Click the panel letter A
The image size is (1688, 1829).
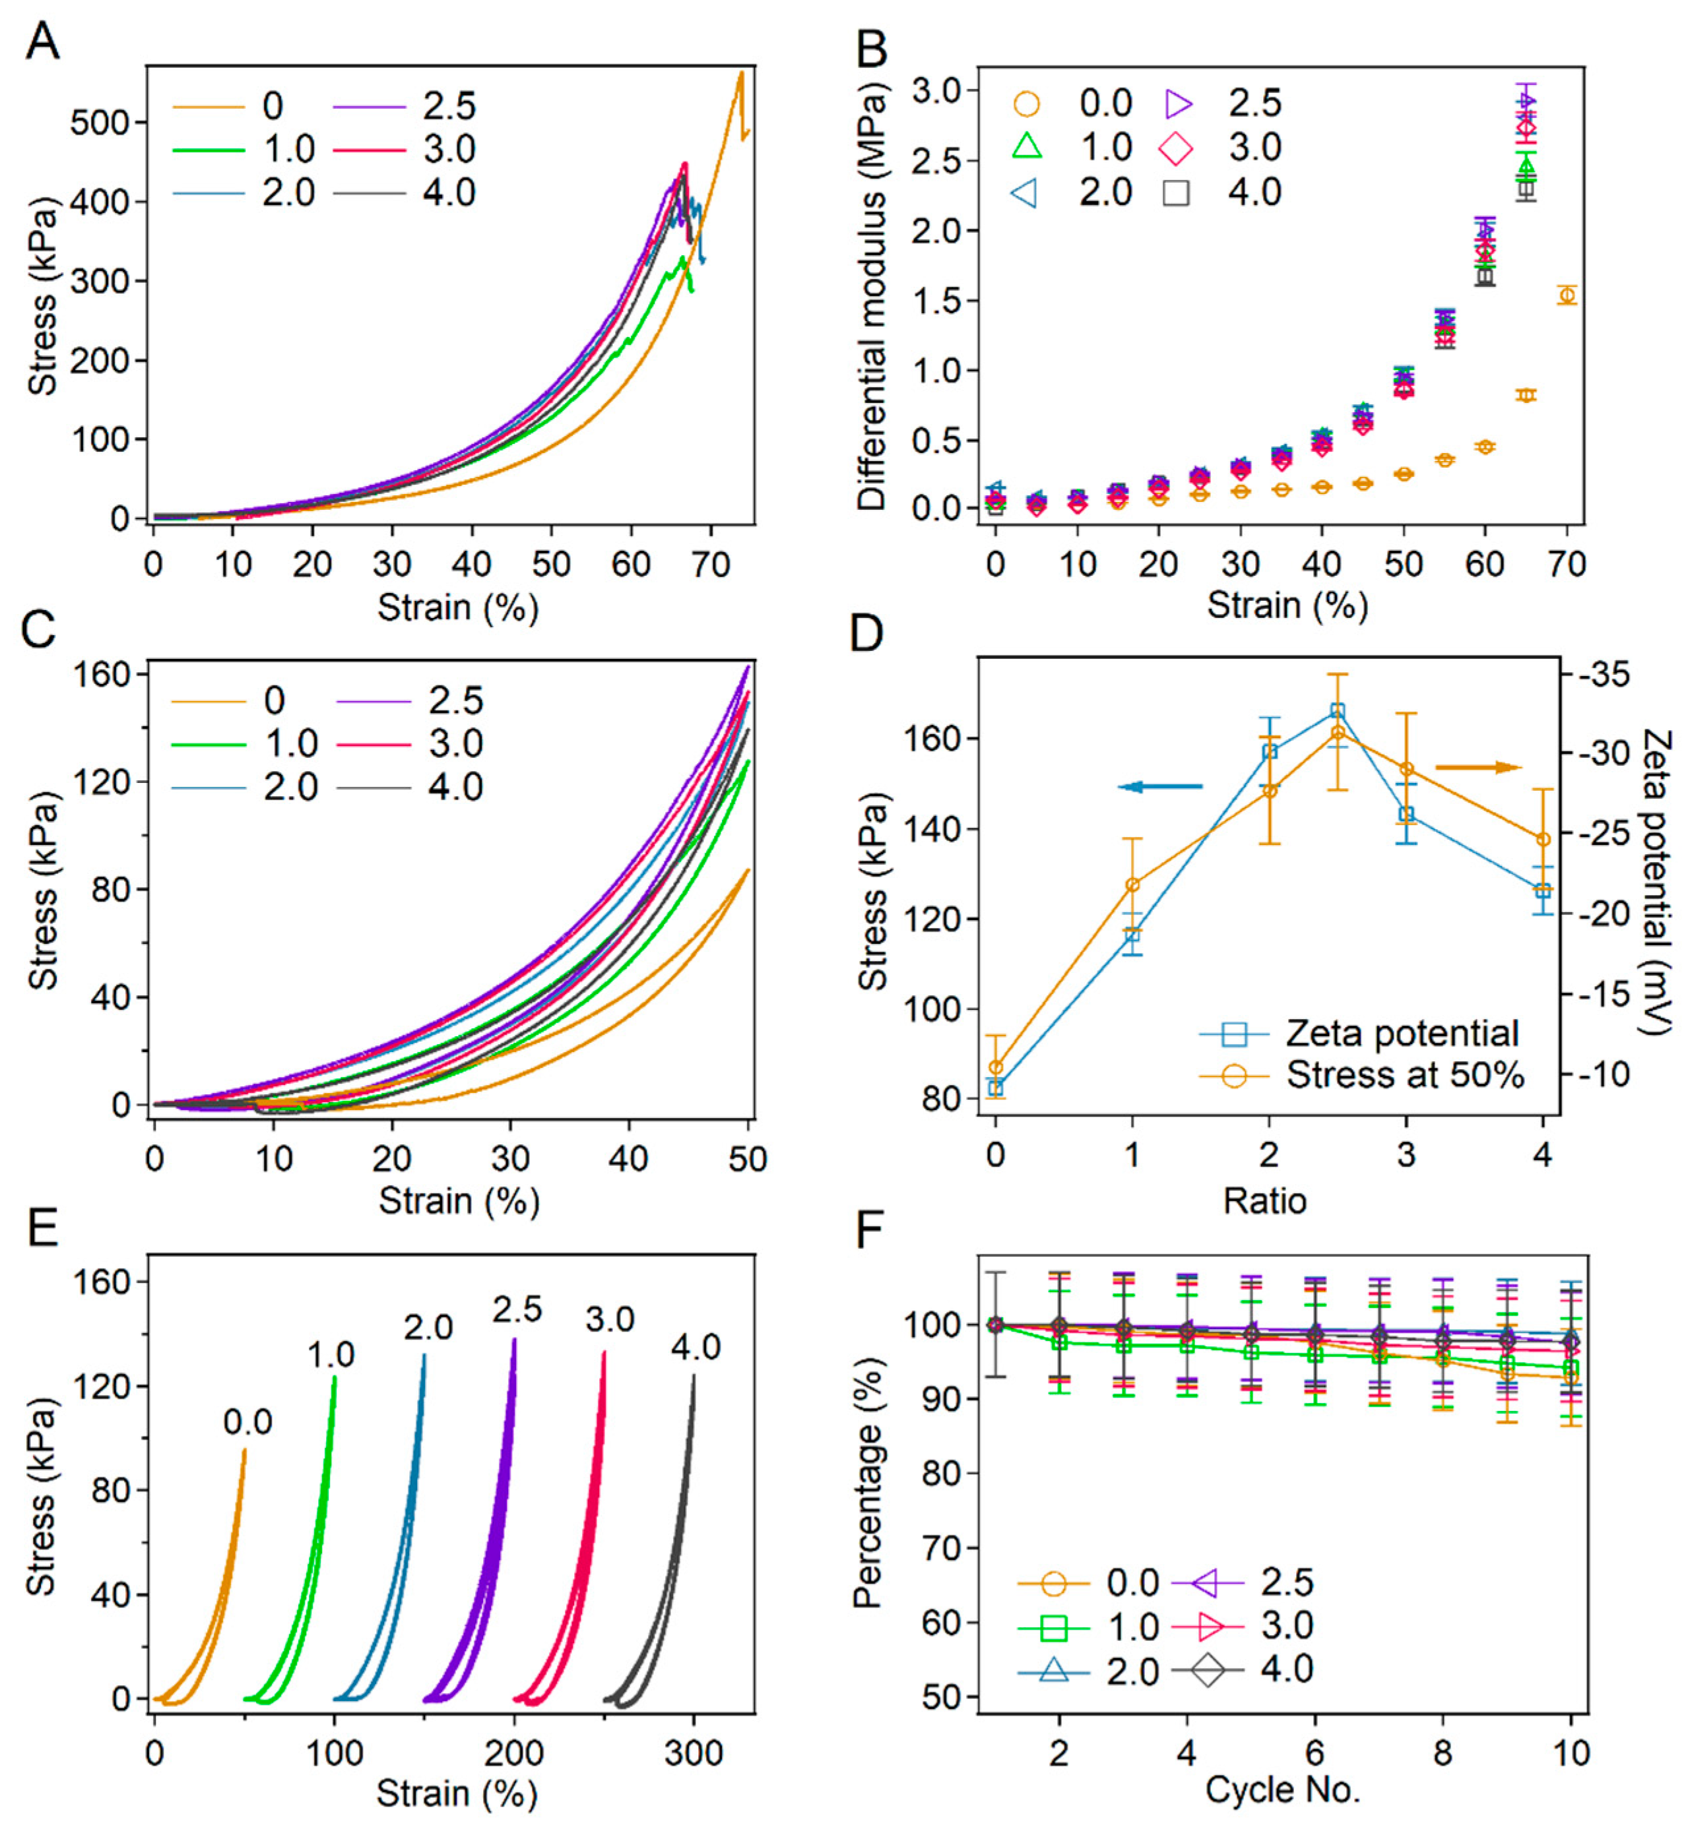point(42,41)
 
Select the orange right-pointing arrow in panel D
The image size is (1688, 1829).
point(1478,767)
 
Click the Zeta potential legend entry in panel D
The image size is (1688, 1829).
point(1402,1034)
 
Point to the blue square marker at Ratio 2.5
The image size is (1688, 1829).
point(1337,711)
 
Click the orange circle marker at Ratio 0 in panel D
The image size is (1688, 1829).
point(996,1067)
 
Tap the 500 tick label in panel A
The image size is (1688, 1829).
point(100,123)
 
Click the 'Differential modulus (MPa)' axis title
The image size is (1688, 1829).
point(872,297)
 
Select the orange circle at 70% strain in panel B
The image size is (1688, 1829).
point(1567,295)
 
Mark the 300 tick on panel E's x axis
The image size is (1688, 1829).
point(694,1753)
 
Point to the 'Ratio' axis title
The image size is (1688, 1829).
point(1265,1201)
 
